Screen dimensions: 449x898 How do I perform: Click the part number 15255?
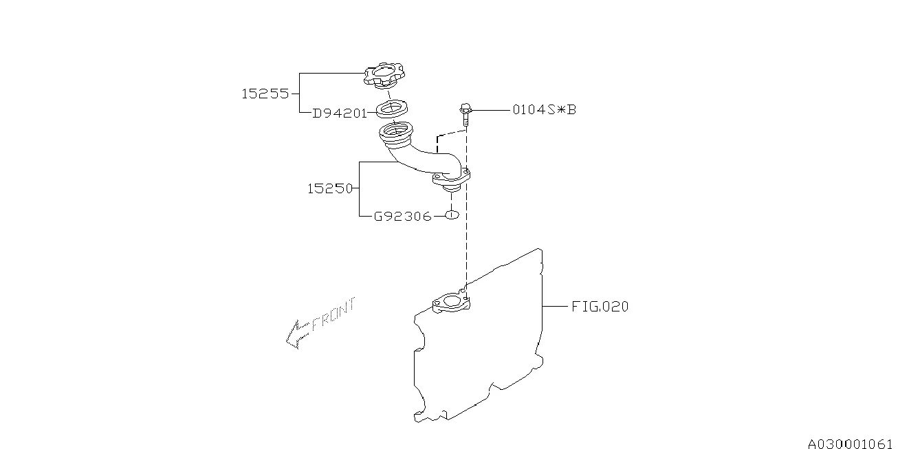(x=265, y=94)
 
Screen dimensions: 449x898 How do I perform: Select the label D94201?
(x=340, y=113)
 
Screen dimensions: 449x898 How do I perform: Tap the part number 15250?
(x=330, y=188)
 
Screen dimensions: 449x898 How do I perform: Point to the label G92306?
(x=402, y=217)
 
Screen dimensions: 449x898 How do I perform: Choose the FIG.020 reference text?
(x=600, y=307)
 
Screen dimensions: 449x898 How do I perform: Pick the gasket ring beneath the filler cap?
(x=392, y=109)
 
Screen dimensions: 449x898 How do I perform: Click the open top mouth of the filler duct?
(x=395, y=131)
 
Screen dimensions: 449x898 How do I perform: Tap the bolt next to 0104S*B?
(x=466, y=115)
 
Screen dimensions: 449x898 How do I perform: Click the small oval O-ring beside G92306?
(x=450, y=216)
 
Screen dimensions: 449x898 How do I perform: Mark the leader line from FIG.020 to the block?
(x=556, y=307)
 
